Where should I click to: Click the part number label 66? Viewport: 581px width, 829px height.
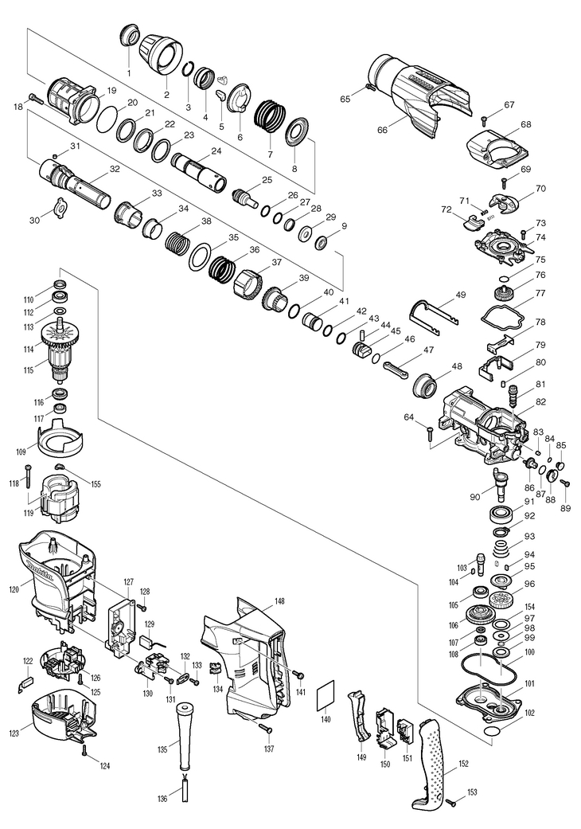pos(383,130)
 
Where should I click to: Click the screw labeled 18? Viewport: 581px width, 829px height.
pos(34,98)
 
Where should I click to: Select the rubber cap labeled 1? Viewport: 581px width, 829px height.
pos(129,35)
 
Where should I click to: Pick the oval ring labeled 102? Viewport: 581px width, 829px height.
pos(493,729)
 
